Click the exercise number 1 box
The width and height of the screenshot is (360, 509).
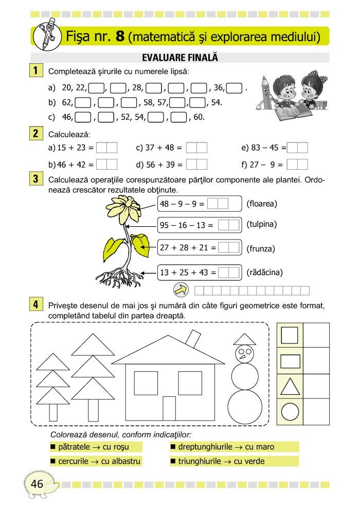(x=36, y=69)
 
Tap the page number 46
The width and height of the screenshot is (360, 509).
(x=37, y=483)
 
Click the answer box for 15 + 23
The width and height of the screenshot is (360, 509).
(x=107, y=148)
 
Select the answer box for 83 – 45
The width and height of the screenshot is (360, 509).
(x=298, y=148)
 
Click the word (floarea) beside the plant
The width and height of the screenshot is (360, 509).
(x=262, y=204)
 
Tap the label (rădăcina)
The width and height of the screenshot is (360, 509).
(x=265, y=272)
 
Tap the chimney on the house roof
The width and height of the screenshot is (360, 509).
(x=194, y=339)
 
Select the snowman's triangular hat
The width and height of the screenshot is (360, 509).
(x=244, y=339)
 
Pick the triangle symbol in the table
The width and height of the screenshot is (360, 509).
(x=291, y=386)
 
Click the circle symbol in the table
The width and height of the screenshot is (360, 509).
(x=291, y=412)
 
